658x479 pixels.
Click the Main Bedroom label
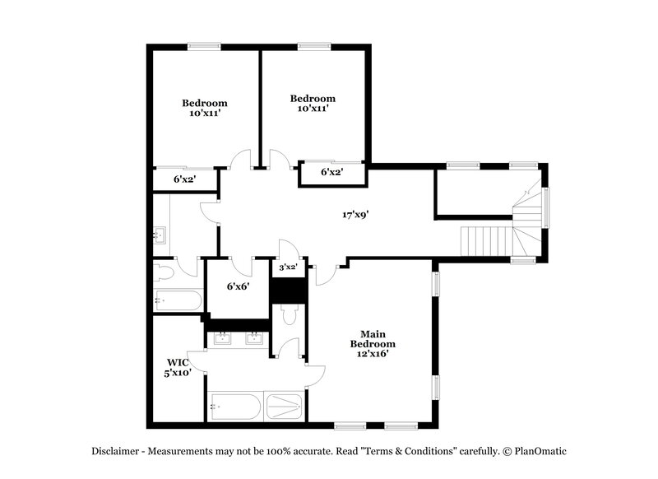[373, 338]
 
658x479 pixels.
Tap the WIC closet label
[178, 361]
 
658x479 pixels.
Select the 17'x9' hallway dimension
[355, 215]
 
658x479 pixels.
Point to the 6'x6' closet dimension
[238, 286]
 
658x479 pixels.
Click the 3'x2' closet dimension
[287, 267]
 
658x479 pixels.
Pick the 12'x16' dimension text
[373, 353]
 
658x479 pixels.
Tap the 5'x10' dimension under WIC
[178, 372]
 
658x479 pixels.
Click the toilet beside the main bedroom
[288, 314]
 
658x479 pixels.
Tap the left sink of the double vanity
[222, 337]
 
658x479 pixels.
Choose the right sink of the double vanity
[255, 337]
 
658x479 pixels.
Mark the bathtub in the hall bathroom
[177, 300]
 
